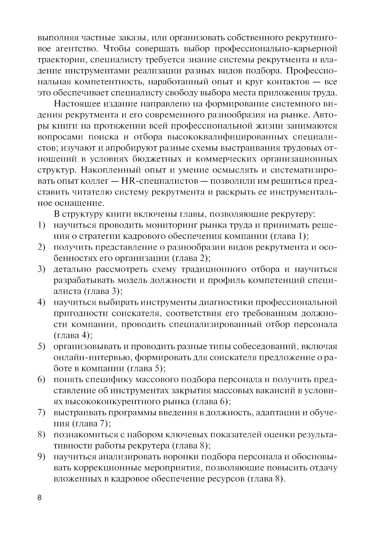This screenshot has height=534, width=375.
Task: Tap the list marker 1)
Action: point(42,225)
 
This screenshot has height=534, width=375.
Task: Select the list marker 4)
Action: point(42,302)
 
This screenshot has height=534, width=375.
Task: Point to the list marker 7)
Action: point(42,413)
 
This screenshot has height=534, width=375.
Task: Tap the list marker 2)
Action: point(42,247)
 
